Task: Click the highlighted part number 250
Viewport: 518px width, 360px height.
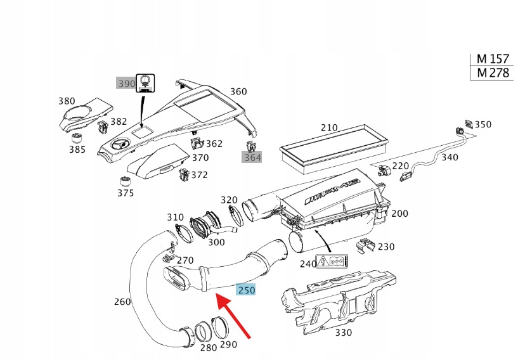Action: point(246,290)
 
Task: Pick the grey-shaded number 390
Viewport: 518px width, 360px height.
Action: point(126,83)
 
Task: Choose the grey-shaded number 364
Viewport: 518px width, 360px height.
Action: point(252,157)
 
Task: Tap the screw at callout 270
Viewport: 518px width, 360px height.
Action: point(167,259)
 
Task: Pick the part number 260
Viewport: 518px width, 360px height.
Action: point(122,301)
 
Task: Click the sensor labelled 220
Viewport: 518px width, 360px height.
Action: point(384,169)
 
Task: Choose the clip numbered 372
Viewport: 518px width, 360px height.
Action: point(184,174)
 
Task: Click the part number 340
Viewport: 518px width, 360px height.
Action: point(450,157)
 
